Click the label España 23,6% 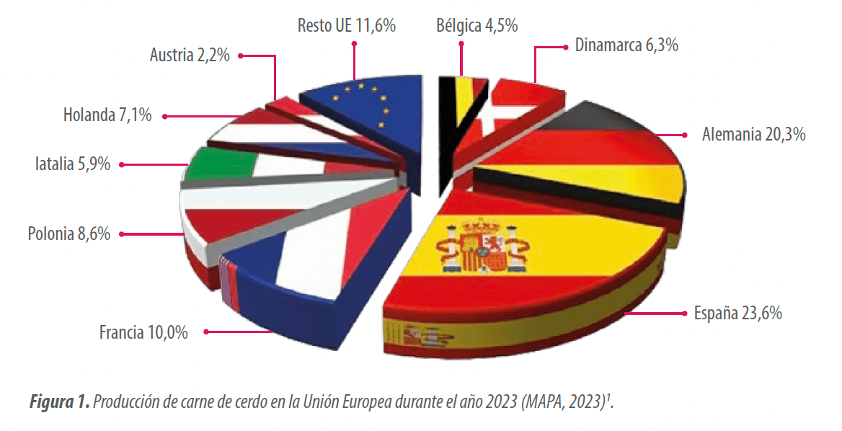pos(737,312)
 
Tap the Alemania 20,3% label pos(753,134)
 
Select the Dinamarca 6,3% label pos(626,45)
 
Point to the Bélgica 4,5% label pos(477,25)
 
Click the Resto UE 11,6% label pos(346,25)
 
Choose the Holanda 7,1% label pos(107,115)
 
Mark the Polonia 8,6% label pos(68,234)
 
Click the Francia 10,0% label pos(143,332)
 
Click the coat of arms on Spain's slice pos(482,245)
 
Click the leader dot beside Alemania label pos(685,135)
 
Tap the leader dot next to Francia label pos(206,332)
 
